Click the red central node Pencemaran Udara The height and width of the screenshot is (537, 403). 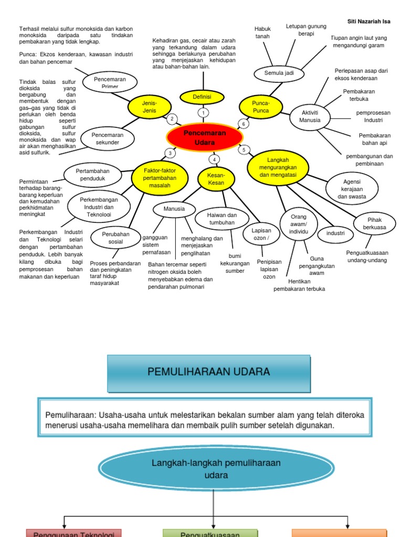tap(205, 137)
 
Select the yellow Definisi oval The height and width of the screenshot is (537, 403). tap(202, 97)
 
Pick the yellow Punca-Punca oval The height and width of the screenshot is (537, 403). tap(261, 106)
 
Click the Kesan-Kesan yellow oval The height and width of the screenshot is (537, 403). tap(216, 178)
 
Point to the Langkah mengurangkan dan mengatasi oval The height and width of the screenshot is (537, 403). tap(278, 167)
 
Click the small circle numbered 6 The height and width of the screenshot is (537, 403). tap(243, 124)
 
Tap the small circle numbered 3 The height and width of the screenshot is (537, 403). tap(169, 153)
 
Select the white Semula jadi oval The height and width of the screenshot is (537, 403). tap(279, 73)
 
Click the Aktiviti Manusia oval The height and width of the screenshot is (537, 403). tap(310, 116)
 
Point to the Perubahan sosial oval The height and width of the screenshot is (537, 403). tap(115, 238)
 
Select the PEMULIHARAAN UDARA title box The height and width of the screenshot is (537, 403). tap(209, 372)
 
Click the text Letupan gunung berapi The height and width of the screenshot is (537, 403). tap(306, 29)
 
